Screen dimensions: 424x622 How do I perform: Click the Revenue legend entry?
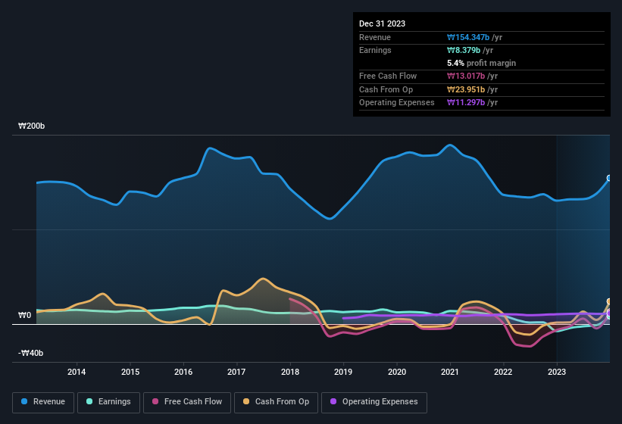(43, 402)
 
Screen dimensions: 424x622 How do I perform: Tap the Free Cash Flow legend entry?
(187, 402)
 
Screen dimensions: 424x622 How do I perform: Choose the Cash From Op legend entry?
(277, 402)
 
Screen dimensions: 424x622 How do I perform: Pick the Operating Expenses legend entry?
(374, 402)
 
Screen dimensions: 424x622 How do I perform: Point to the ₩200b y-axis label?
(32, 126)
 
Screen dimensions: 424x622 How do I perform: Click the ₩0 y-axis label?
(25, 315)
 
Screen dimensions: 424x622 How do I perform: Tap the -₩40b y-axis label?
(31, 353)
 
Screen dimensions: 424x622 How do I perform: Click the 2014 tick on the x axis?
(77, 372)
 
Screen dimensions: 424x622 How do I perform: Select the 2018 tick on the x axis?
(290, 372)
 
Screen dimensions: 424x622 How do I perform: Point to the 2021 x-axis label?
(450, 372)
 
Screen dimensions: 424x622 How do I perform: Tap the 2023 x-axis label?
(557, 372)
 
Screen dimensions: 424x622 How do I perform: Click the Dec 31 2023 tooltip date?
(382, 23)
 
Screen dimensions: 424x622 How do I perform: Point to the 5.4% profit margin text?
(481, 63)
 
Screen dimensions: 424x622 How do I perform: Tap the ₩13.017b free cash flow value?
(468, 76)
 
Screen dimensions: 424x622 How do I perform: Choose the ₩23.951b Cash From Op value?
(468, 89)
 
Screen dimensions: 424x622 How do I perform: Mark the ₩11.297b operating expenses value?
(468, 102)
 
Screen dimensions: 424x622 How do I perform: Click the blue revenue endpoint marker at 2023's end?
(609, 179)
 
